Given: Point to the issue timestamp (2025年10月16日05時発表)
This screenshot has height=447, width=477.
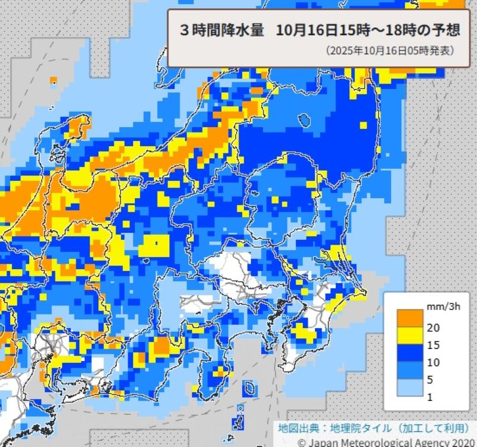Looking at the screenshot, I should pyautogui.click(x=390, y=51).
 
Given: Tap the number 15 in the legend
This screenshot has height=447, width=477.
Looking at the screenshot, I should pyautogui.click(x=433, y=345).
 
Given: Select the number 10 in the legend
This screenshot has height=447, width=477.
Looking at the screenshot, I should pyautogui.click(x=433, y=362).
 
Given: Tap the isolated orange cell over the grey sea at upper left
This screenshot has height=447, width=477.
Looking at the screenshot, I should pyautogui.click(x=53, y=79).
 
